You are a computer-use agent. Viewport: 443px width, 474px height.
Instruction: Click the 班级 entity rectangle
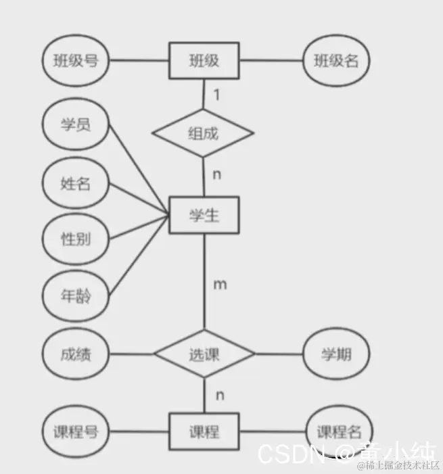coord(204,61)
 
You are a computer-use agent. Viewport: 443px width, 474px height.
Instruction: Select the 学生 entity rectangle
coord(204,216)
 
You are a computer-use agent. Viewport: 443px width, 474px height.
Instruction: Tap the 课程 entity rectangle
coord(204,431)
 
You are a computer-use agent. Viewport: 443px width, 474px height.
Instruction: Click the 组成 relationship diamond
coord(204,133)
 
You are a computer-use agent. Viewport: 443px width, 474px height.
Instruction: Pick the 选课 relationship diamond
coord(204,354)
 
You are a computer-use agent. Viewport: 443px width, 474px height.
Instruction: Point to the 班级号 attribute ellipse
coord(76,61)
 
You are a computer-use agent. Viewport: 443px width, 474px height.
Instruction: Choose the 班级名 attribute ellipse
coord(336,61)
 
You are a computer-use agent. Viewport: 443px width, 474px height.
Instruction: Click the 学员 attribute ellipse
coord(76,124)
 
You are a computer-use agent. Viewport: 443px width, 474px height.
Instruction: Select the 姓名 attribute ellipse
coord(76,183)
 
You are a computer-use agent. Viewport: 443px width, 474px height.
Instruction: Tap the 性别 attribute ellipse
coord(76,239)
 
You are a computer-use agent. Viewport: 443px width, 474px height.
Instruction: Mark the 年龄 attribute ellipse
coord(76,296)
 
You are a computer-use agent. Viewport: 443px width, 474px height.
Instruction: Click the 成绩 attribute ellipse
coord(76,354)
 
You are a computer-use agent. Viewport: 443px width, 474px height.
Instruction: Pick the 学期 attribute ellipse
coord(336,354)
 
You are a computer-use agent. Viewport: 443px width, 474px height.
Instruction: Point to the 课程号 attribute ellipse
coord(76,431)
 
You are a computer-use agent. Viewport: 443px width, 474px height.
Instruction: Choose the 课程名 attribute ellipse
coord(336,431)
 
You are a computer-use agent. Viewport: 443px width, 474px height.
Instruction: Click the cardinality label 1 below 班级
coord(216,95)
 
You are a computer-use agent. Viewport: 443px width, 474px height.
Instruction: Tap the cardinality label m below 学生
coord(220,284)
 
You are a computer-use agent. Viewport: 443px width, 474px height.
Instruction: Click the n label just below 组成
coord(217,174)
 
